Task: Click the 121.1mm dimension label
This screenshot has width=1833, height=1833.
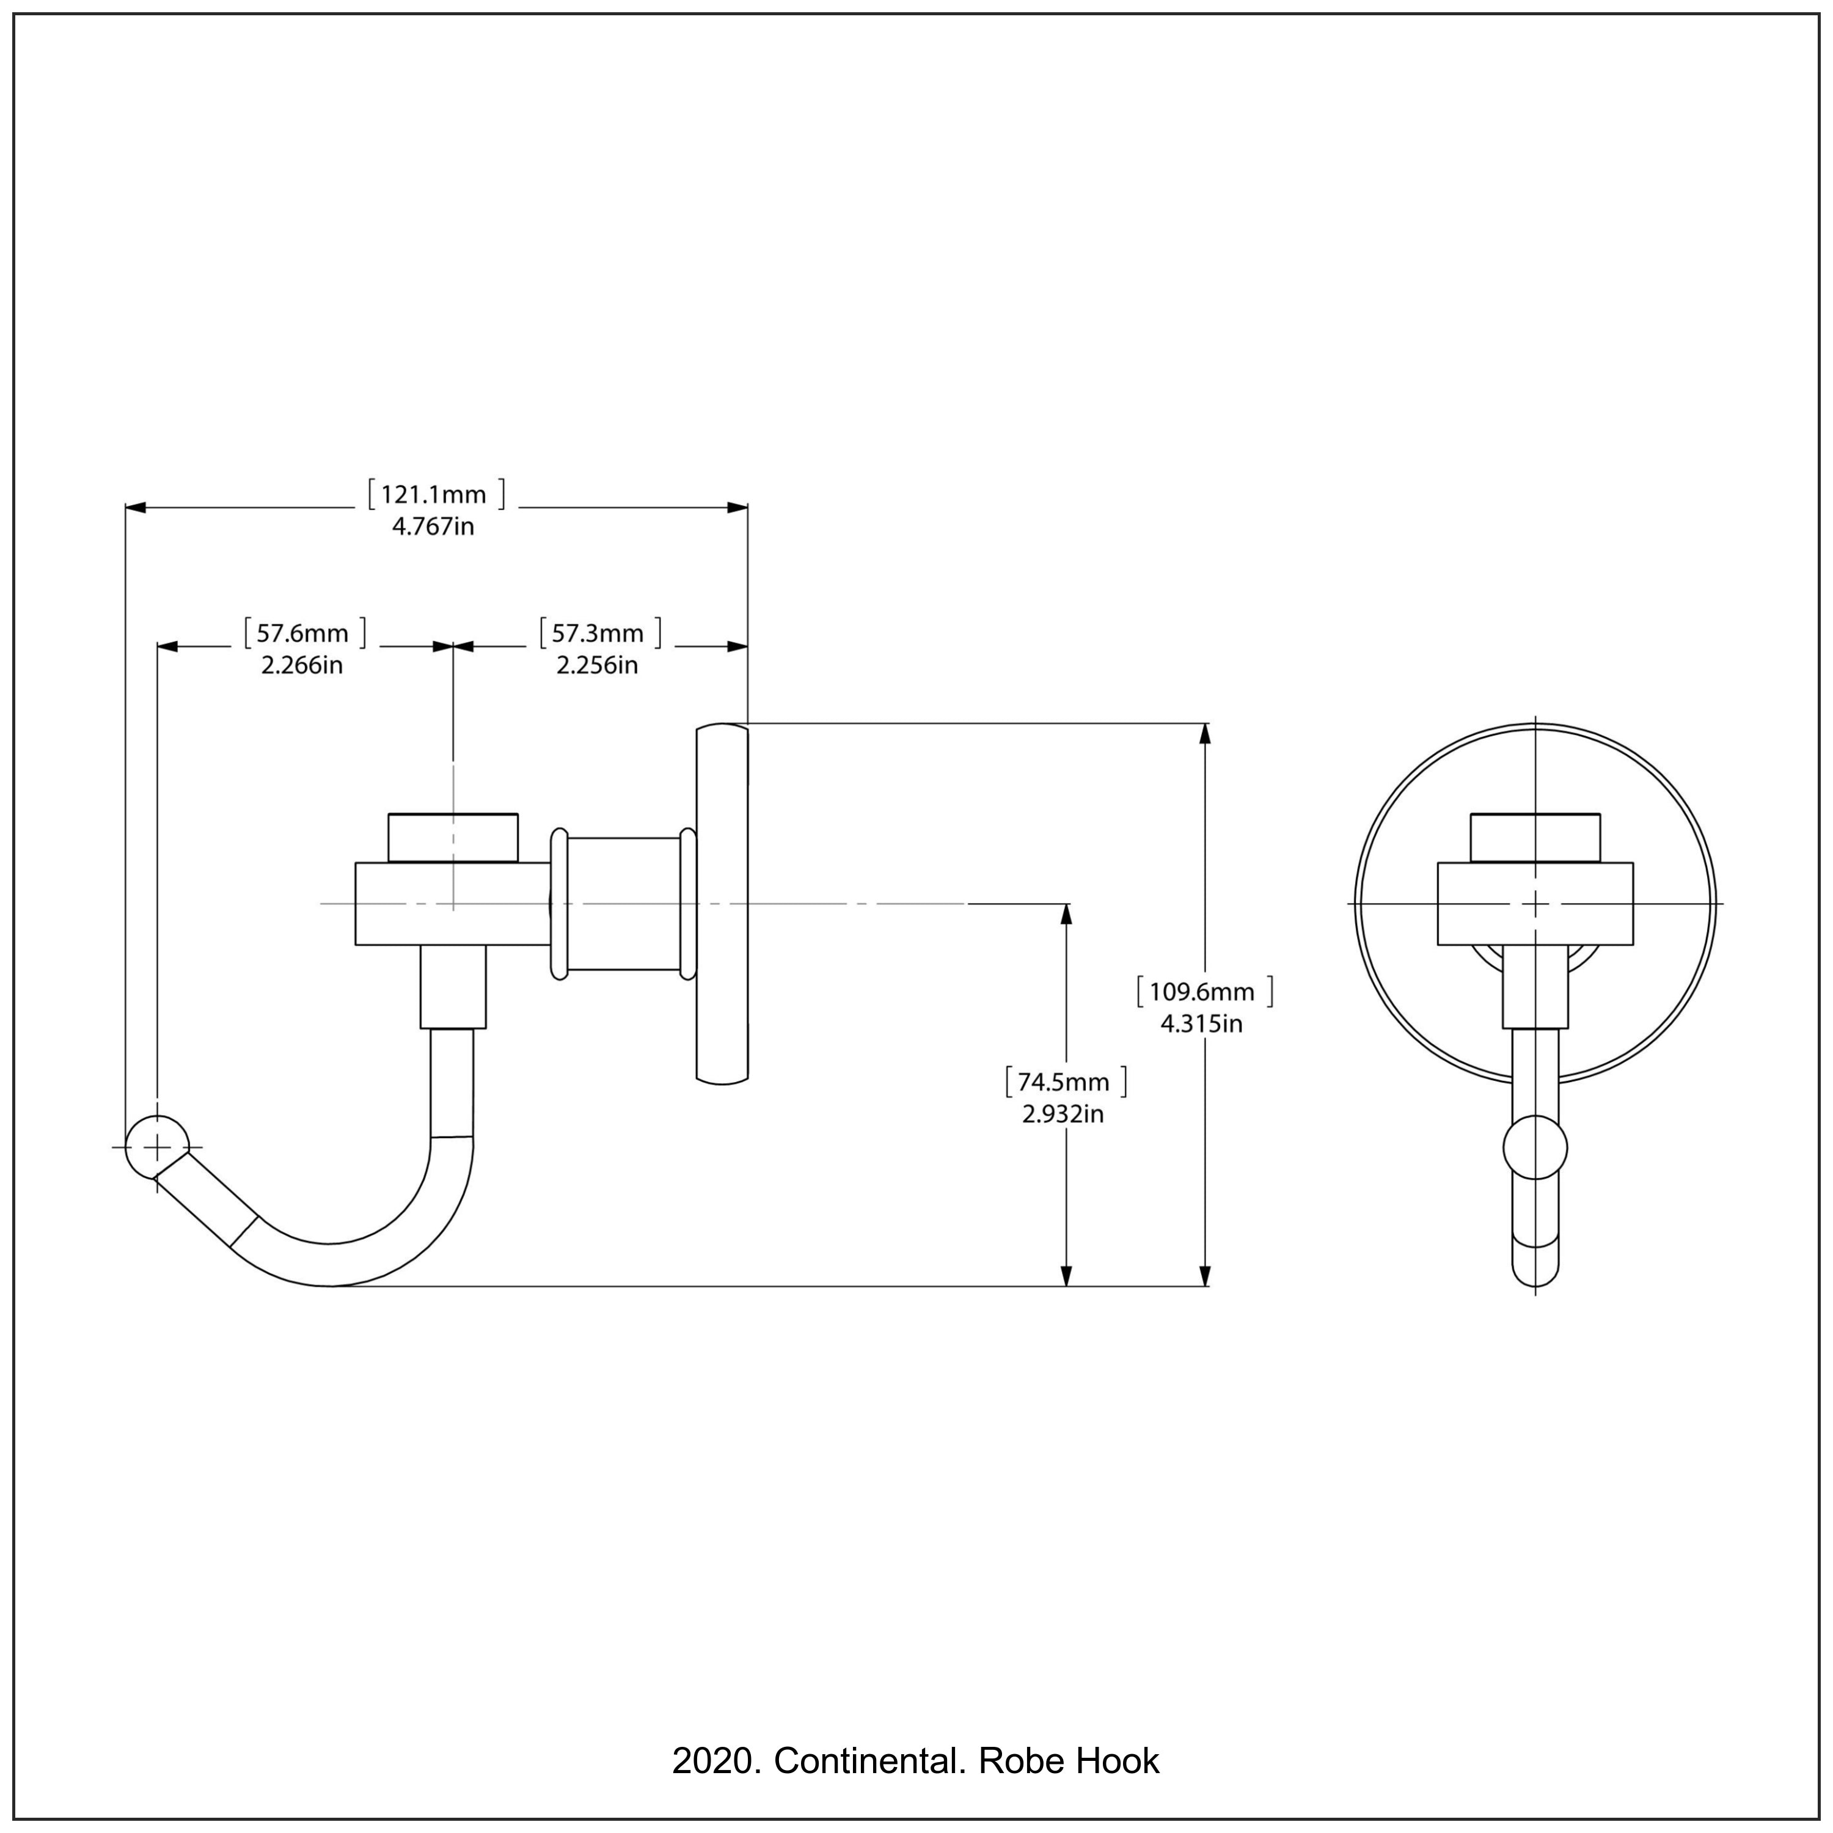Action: [x=434, y=494]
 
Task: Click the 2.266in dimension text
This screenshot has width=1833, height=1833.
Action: [x=302, y=665]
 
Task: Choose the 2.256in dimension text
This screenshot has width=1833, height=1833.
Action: [x=597, y=665]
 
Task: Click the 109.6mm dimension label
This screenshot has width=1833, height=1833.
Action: [x=1202, y=992]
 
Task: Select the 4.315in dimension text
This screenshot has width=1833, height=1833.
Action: [x=1201, y=1023]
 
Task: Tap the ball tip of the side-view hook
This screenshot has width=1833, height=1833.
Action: [x=158, y=1147]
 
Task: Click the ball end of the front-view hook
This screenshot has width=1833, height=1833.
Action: [x=1535, y=1148]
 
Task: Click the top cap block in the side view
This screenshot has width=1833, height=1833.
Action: [x=453, y=838]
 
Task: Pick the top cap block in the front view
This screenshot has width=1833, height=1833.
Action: [x=1535, y=838]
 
